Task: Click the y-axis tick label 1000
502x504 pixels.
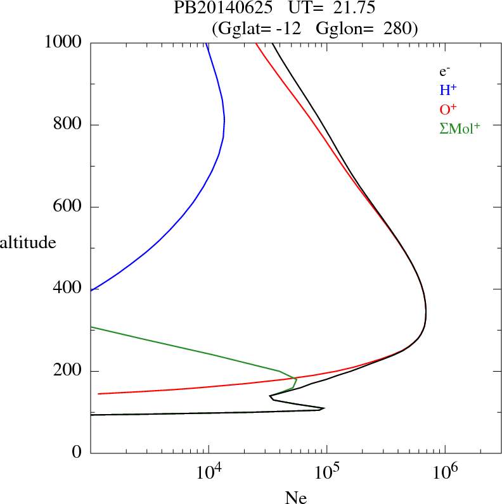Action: point(63,42)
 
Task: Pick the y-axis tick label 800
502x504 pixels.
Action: point(68,125)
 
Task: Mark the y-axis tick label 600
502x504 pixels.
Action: point(68,207)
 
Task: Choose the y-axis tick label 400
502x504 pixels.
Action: point(68,289)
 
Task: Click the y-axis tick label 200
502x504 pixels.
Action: point(68,371)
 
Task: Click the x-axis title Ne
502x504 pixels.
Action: point(296,498)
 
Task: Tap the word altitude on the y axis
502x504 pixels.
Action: point(28,242)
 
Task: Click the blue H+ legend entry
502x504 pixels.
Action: point(447,91)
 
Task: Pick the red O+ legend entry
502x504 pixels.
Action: point(448,109)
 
